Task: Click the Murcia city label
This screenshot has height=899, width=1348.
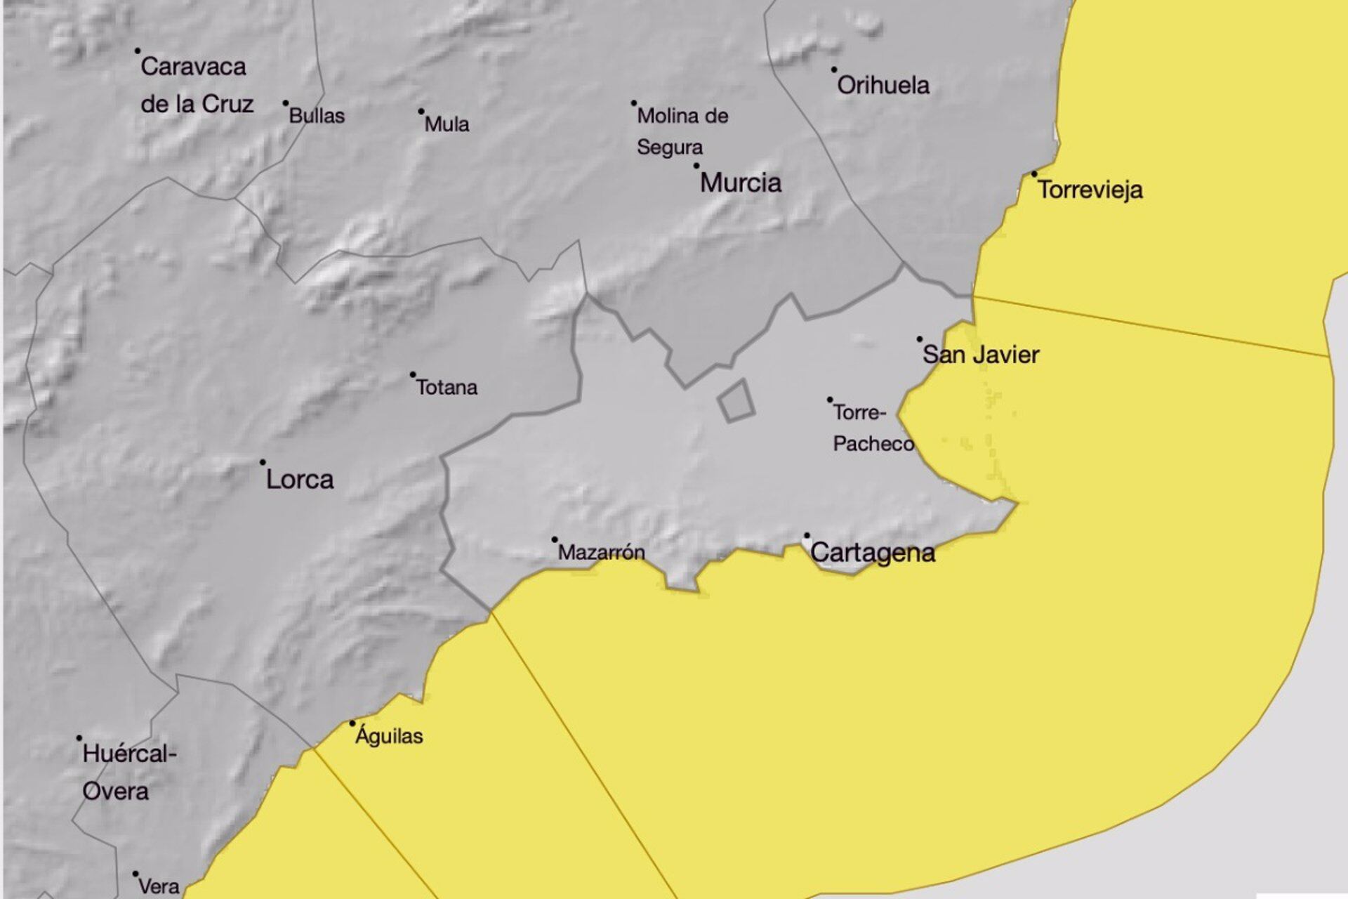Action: click(x=741, y=183)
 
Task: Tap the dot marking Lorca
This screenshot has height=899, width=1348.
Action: click(x=263, y=462)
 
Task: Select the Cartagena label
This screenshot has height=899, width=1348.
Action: click(x=873, y=553)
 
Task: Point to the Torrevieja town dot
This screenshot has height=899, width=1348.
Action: click(x=1034, y=174)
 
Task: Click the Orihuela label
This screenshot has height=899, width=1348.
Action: click(x=883, y=85)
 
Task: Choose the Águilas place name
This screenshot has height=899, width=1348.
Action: click(x=389, y=736)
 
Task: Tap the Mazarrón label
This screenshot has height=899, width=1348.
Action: click(x=601, y=553)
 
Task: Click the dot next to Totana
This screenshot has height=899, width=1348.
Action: click(x=413, y=374)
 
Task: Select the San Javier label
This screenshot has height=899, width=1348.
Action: click(x=981, y=355)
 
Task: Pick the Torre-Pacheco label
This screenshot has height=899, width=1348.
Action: click(x=873, y=428)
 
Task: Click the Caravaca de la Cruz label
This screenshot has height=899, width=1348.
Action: click(x=196, y=85)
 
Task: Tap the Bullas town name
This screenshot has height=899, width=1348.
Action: click(x=317, y=116)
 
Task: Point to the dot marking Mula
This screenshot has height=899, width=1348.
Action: click(x=421, y=111)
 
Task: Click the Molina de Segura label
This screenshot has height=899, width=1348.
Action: click(x=682, y=131)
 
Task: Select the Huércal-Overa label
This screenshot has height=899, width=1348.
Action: click(x=128, y=773)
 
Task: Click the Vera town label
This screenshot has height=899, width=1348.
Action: click(x=159, y=887)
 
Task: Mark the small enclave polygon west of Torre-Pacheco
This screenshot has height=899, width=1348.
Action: click(x=736, y=401)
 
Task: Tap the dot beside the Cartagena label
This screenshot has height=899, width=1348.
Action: click(x=807, y=536)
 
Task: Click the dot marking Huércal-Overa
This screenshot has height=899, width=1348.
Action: click(x=79, y=738)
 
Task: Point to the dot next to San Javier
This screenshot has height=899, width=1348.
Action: click(x=920, y=339)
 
